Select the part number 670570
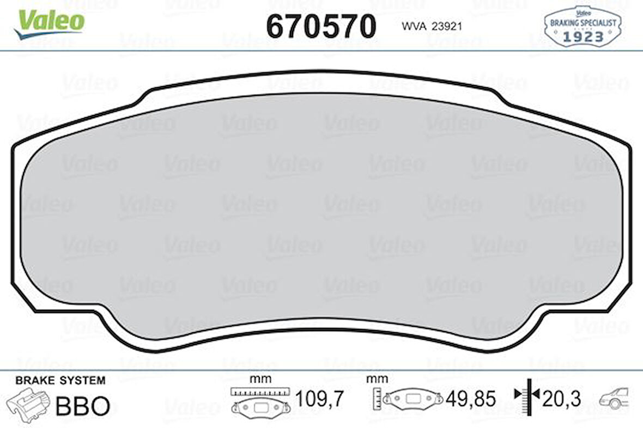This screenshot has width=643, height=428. [321, 26]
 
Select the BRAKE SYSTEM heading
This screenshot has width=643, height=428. [60, 380]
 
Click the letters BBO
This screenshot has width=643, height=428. [83, 405]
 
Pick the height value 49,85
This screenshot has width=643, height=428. [470, 400]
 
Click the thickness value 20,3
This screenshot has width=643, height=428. [562, 400]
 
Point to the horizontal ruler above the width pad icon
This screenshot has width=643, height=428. [258, 392]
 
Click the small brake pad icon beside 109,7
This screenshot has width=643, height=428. [259, 406]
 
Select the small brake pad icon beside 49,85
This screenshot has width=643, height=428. [413, 399]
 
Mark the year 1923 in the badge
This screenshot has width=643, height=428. [583, 36]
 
